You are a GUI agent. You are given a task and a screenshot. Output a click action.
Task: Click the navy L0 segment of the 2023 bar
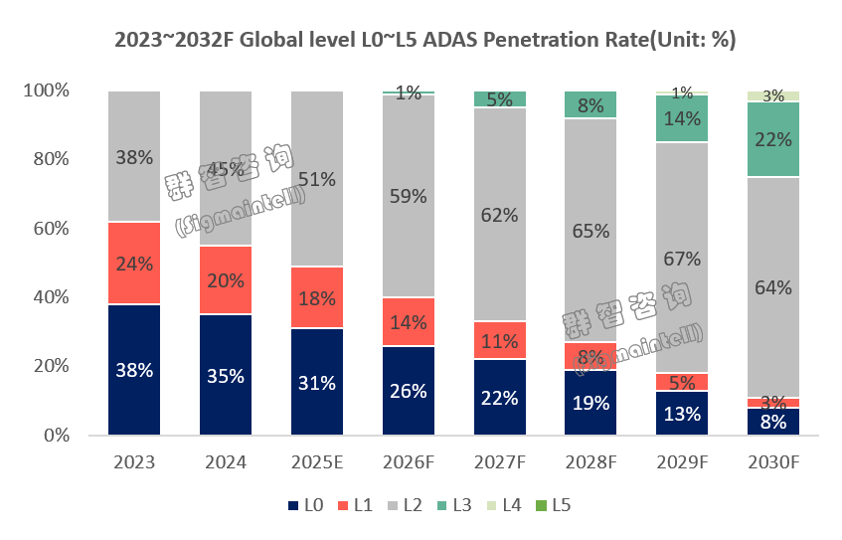pos(134,370)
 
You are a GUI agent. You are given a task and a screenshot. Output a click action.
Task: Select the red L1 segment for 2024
pos(226,280)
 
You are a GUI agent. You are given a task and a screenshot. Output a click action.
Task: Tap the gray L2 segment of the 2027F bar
pos(500,214)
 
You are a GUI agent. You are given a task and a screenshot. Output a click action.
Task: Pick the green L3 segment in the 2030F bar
pos(774,139)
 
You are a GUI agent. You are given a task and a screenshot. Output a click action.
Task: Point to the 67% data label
pos(683,259)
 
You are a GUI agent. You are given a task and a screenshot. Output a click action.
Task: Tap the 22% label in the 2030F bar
pos(774,140)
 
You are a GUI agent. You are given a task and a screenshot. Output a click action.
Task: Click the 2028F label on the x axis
pos(591,462)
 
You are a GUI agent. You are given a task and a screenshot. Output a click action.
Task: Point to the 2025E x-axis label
pos(317,462)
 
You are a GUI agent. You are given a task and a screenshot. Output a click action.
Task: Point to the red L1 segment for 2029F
pos(683,382)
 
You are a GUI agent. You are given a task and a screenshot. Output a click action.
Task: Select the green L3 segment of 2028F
pos(591,104)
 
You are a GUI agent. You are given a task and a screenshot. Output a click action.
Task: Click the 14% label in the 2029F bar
pos(683,118)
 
